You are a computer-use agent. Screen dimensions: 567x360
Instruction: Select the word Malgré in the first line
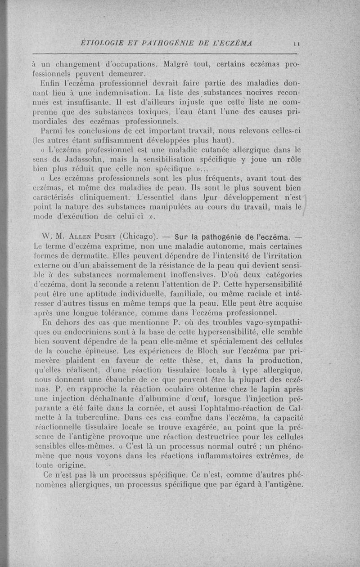click(x=180, y=63)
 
